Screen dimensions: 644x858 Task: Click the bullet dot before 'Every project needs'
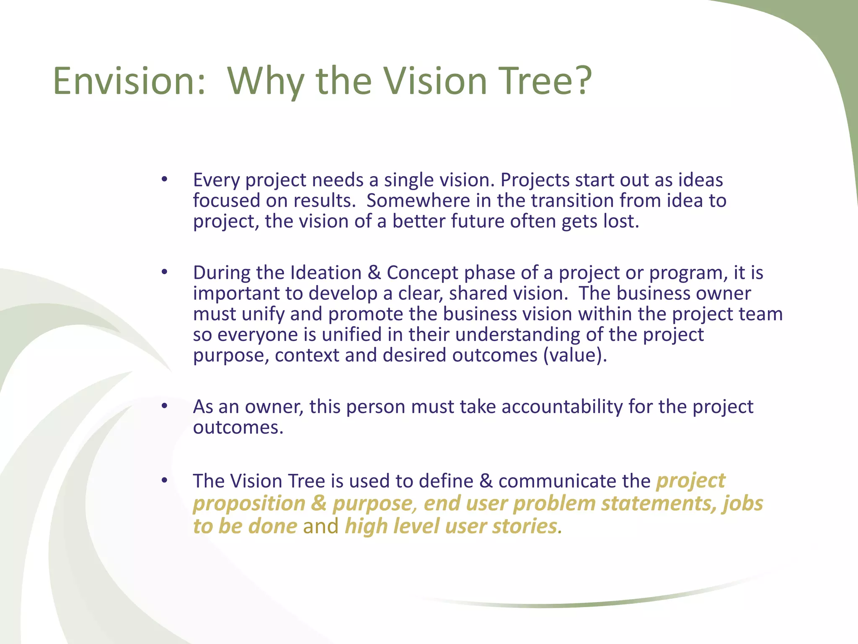pos(164,180)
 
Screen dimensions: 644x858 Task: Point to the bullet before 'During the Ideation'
pos(164,273)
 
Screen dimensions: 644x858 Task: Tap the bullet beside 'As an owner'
pos(164,406)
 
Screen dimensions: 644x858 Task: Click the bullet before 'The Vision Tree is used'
pos(164,480)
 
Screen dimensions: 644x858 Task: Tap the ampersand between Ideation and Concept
pos(374,273)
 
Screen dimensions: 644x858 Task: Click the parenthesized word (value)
pos(575,355)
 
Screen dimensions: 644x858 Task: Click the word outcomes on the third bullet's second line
pos(238,427)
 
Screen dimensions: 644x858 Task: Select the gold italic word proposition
pos(249,504)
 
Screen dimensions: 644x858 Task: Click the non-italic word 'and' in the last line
pos(320,526)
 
